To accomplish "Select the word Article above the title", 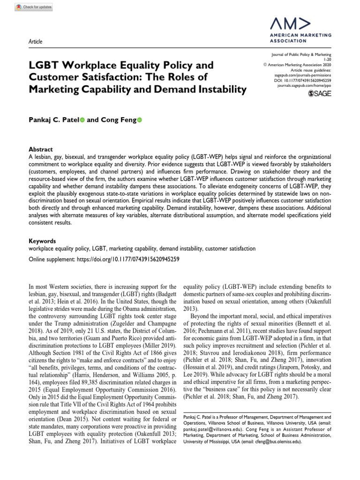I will pos(36,42).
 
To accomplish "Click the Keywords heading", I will pos(42,240).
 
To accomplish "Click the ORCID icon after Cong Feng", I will pos(139,107).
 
